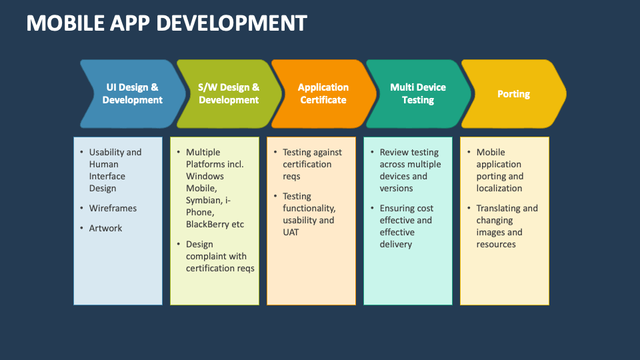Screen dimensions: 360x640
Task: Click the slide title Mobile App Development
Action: [x=166, y=23]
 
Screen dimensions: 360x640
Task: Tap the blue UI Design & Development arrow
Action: [x=132, y=94]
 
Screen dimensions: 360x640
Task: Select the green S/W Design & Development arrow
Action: [x=229, y=94]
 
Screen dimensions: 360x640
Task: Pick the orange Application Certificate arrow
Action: [x=323, y=94]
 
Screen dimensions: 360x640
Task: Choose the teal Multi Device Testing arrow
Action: [x=418, y=94]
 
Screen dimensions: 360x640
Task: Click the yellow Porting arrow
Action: [x=513, y=94]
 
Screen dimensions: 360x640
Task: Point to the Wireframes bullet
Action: [x=113, y=209]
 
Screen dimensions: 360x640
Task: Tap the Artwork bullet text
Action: [x=106, y=229]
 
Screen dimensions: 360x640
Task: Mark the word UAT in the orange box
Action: [x=292, y=233]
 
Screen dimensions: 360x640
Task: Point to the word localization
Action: [x=499, y=189]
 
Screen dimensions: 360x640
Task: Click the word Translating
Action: [x=499, y=209]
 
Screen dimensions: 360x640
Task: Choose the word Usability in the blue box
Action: [x=107, y=153]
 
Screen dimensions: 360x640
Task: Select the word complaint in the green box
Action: [x=207, y=257]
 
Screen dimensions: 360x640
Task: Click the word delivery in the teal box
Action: [x=396, y=245]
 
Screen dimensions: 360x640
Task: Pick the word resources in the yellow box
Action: [x=496, y=245]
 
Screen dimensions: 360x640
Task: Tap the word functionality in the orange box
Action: [x=309, y=209]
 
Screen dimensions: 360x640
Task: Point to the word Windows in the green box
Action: [x=205, y=177]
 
